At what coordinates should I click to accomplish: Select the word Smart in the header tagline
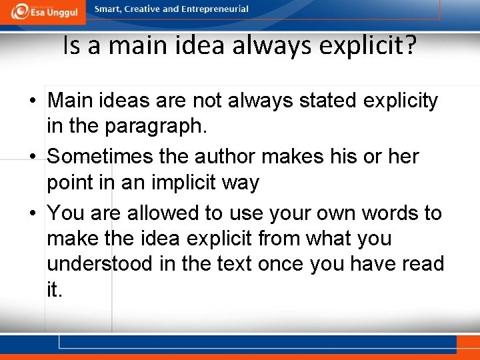tap(108, 9)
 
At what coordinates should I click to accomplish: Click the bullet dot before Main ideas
tap(32, 101)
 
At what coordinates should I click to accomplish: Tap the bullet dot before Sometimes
tap(32, 157)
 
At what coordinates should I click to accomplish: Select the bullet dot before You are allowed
tap(32, 214)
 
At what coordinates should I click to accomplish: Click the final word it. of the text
tap(54, 289)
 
